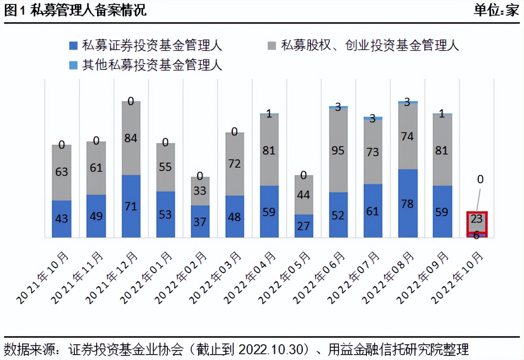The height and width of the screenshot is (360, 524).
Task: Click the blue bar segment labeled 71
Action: (x=131, y=206)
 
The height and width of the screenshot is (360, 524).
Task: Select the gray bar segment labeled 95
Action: (x=338, y=150)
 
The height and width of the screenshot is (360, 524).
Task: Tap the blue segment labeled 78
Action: (x=407, y=203)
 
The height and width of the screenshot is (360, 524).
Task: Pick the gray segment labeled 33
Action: (x=200, y=191)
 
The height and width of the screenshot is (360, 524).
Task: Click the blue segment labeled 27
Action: (x=304, y=226)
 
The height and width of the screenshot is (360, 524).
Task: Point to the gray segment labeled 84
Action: (x=131, y=138)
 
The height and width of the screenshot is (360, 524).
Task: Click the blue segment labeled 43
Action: (x=62, y=219)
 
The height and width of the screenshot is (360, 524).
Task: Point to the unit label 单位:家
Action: (x=496, y=10)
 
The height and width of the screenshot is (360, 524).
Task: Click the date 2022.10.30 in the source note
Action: (x=272, y=350)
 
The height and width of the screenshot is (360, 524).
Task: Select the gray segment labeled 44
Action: (x=304, y=195)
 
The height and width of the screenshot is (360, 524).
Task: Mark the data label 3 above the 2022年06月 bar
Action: (x=338, y=107)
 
